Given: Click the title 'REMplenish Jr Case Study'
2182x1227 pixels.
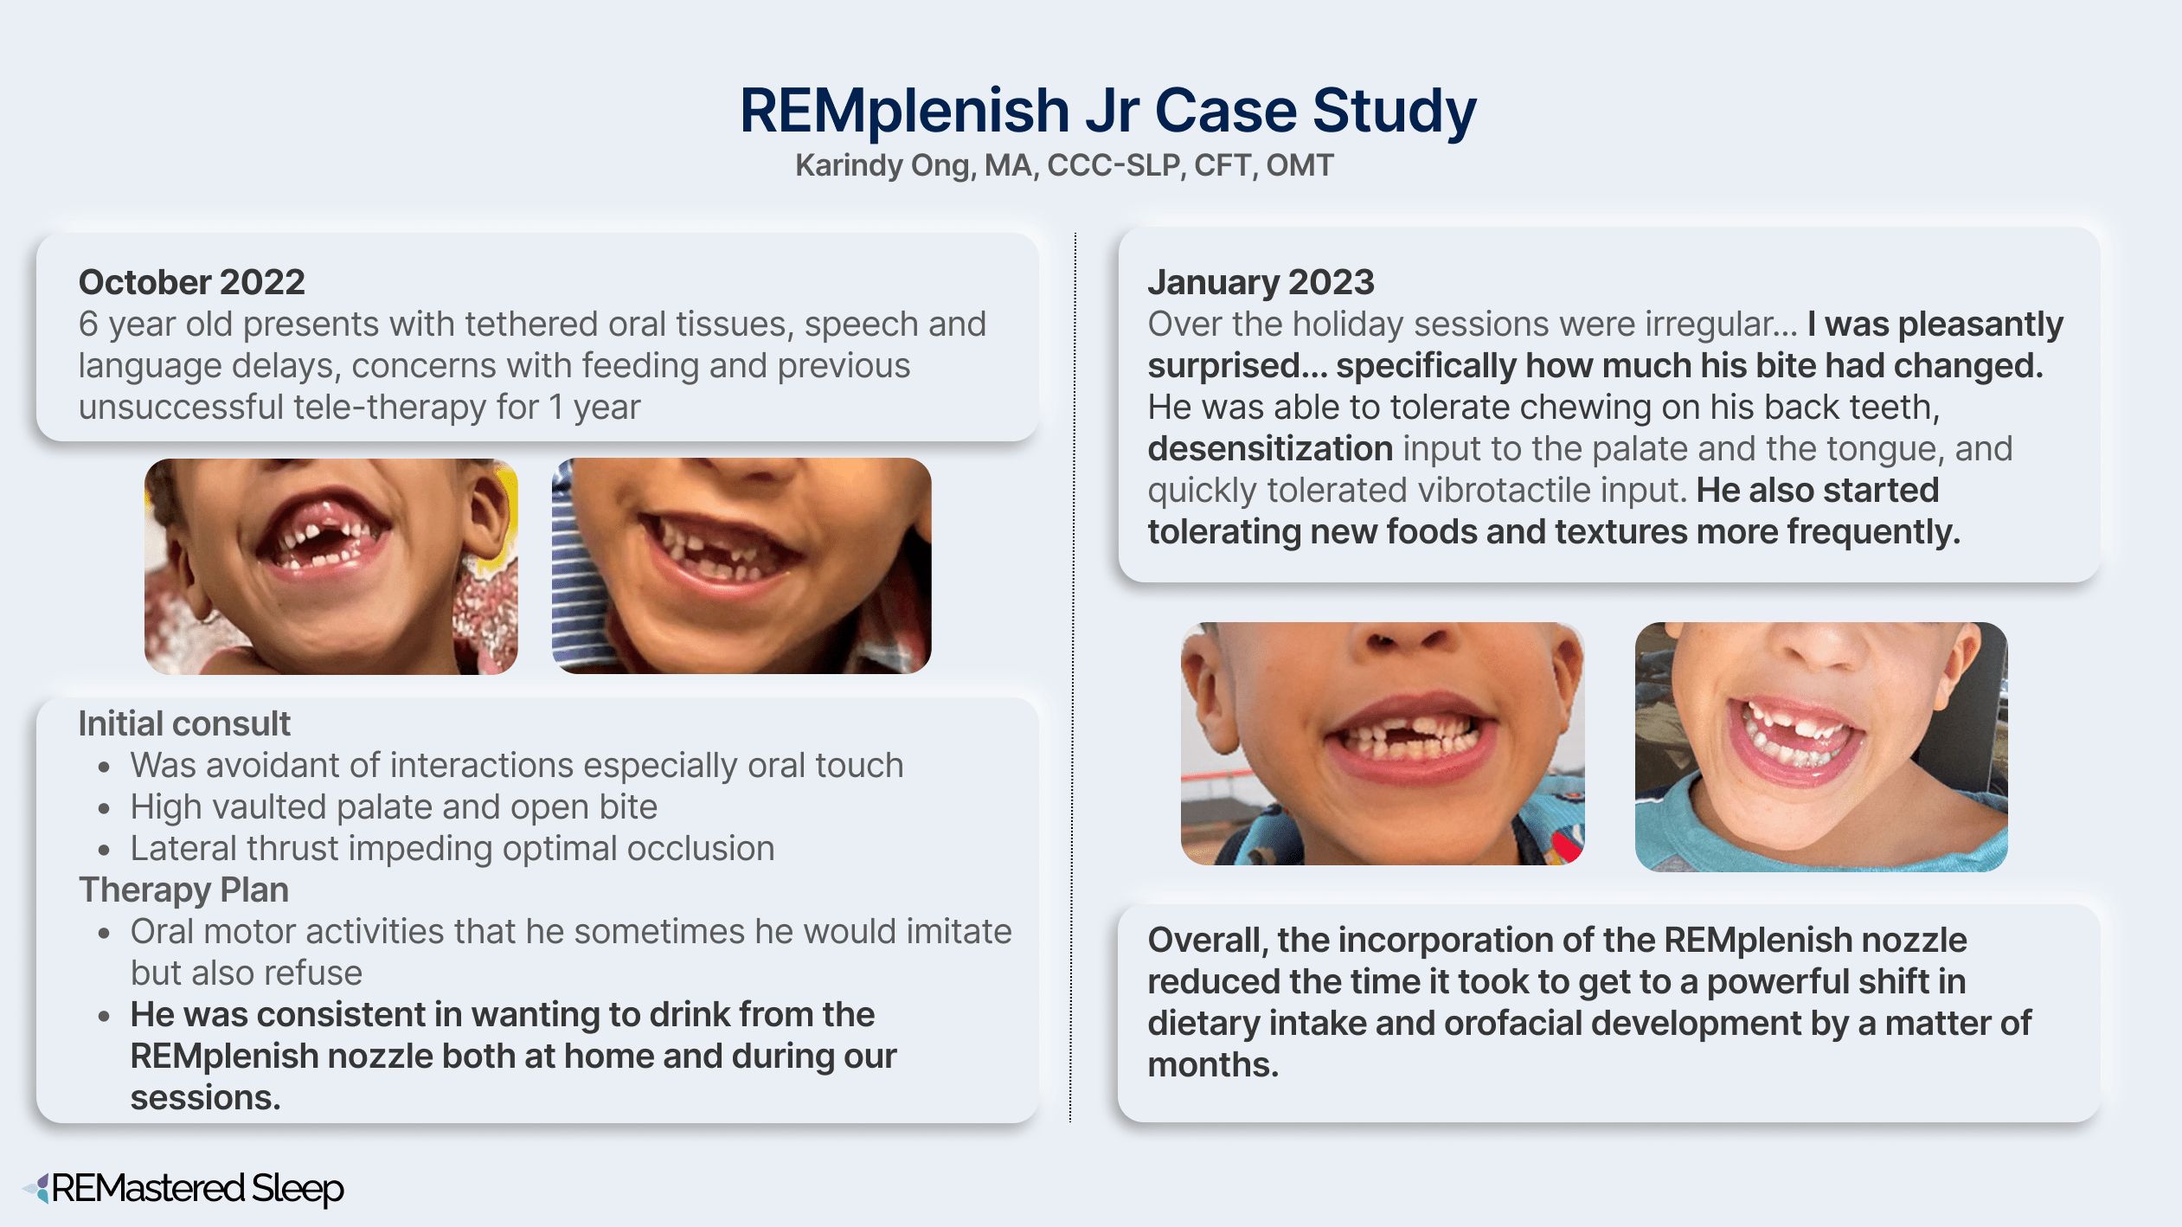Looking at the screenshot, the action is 1107,111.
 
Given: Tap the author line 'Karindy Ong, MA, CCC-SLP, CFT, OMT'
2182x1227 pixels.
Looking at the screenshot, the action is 1064,165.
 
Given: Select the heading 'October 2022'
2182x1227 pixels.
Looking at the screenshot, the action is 191,282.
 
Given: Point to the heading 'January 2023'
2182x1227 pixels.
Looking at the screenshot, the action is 1261,282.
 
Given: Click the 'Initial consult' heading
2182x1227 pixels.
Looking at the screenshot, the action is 184,723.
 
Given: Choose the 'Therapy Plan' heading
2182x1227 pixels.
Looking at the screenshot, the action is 183,890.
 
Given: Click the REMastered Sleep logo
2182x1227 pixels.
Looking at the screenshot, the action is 183,1189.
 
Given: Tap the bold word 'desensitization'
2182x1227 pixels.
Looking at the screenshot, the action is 1270,448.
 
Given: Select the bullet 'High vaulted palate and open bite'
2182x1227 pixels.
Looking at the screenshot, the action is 394,806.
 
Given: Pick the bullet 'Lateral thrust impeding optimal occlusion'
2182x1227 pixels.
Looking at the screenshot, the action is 452,848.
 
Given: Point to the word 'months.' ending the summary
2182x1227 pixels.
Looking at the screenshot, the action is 1213,1064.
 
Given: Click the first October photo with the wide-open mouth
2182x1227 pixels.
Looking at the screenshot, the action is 331,567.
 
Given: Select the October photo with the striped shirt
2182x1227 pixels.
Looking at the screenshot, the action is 741,566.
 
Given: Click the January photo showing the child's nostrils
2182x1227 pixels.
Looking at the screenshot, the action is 1383,743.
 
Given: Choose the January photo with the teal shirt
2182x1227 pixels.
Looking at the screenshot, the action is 1821,747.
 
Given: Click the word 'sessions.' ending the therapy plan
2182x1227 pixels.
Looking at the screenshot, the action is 206,1097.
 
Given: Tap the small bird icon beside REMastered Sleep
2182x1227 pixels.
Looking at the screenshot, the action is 37,1188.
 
